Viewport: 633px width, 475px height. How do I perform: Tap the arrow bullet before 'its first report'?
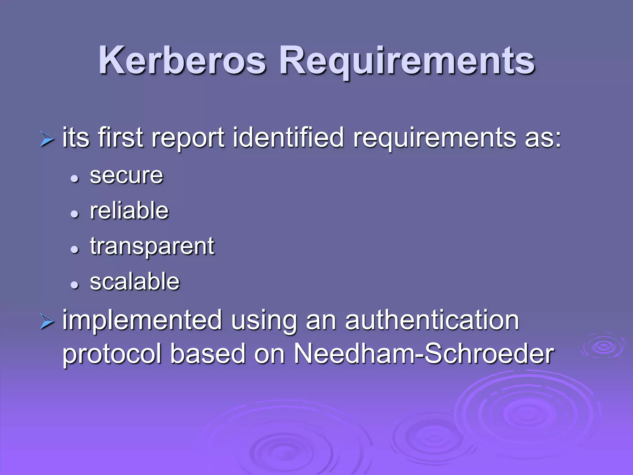tap(47, 139)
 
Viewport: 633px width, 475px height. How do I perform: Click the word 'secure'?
tap(126, 176)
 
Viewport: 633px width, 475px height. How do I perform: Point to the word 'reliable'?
tap(129, 211)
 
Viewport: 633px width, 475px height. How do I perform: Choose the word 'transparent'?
tap(152, 246)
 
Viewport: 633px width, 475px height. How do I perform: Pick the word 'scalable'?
tap(135, 282)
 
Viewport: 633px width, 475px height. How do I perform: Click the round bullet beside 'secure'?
tap(74, 178)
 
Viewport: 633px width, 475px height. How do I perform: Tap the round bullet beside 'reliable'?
tap(74, 214)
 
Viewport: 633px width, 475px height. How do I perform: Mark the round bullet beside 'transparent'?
tap(74, 249)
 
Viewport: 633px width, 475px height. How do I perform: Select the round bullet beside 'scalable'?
tap(74, 285)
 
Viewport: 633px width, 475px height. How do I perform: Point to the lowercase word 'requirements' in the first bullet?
tap(434, 138)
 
